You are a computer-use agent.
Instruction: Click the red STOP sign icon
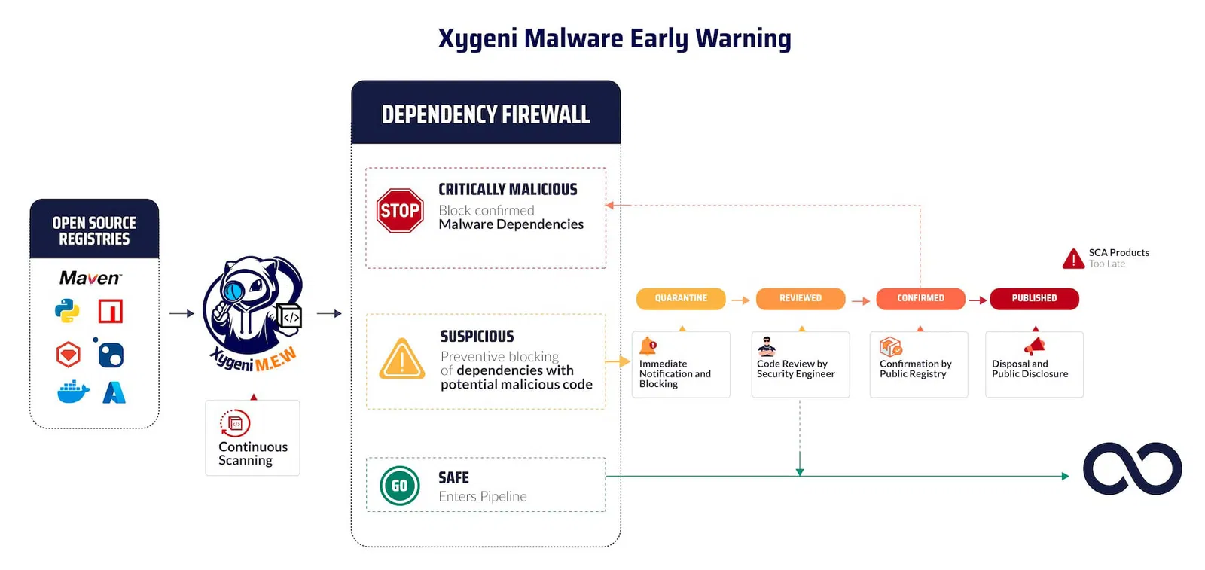click(400, 210)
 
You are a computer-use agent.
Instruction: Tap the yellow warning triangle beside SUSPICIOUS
click(402, 358)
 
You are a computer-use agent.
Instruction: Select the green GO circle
click(400, 486)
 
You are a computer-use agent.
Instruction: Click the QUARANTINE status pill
click(681, 298)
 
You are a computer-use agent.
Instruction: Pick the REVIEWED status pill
click(801, 298)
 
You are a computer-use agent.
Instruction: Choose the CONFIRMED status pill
click(920, 298)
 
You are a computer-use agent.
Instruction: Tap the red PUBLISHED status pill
click(1035, 298)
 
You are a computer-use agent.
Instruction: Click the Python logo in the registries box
click(67, 311)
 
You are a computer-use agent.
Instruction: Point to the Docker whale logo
click(73, 392)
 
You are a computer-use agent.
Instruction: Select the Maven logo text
click(90, 278)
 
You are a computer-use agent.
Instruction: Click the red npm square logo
click(110, 311)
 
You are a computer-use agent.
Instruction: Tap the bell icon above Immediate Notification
click(648, 346)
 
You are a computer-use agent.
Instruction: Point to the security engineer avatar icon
click(767, 347)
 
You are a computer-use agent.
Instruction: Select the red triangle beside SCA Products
click(1073, 259)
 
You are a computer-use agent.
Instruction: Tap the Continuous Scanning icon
click(235, 423)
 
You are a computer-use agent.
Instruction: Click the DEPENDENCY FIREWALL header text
click(486, 114)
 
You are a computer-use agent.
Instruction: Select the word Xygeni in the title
click(477, 38)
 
